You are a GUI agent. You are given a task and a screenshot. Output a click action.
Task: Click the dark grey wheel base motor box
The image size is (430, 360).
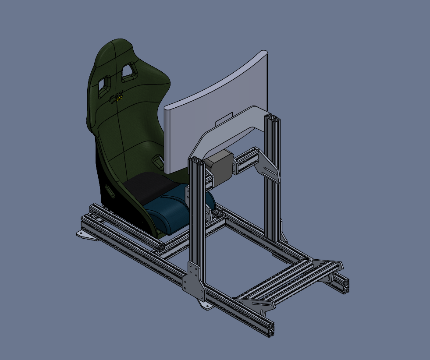pyautogui.click(x=221, y=166)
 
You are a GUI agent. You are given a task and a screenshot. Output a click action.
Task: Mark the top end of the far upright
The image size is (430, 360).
pyautogui.click(x=272, y=117)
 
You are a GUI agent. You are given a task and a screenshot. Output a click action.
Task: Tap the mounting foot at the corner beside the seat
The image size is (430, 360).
pyautogui.click(x=86, y=235)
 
